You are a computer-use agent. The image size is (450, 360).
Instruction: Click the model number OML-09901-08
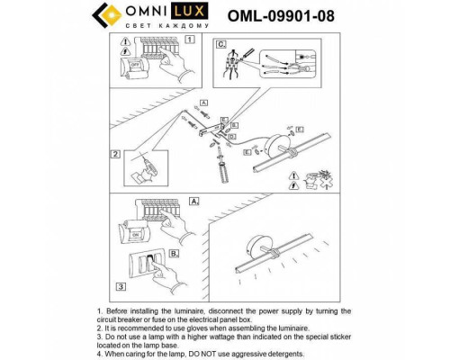coord(280,14)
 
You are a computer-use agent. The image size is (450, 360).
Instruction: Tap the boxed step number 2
coord(115,154)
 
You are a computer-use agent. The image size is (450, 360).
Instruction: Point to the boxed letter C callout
coord(219,43)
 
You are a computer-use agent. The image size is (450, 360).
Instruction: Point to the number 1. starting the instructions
coord(98,310)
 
